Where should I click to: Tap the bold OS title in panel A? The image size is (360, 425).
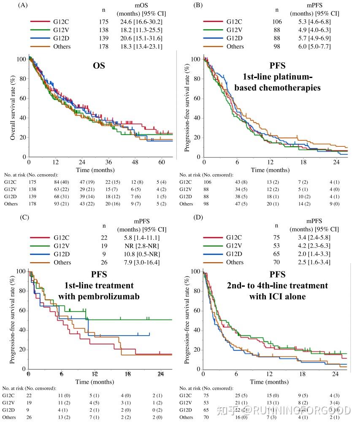click(x=99, y=66)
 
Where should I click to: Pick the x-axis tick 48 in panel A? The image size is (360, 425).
click(x=135, y=162)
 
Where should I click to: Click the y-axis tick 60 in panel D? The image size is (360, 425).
click(x=196, y=311)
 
